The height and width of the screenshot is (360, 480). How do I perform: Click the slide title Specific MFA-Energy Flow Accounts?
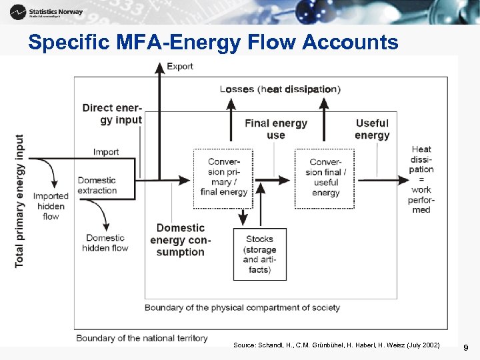coord(213,43)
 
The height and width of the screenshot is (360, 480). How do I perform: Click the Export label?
coord(180,66)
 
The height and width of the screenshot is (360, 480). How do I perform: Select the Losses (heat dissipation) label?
coord(280,89)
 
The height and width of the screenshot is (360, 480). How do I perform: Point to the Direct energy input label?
coord(112,114)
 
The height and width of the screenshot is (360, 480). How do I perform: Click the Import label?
coord(106,152)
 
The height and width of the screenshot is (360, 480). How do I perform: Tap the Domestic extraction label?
coord(97,185)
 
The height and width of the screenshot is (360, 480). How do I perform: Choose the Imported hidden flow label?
coord(51,206)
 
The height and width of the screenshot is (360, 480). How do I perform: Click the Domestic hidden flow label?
coord(105,243)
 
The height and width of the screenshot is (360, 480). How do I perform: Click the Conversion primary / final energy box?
coord(223,177)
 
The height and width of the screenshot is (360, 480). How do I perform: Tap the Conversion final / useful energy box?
coord(325,177)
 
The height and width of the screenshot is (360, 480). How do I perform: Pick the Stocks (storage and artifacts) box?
coord(259,254)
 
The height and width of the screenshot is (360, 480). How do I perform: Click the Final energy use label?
coord(276,129)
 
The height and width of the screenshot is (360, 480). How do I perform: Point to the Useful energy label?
coord(372,129)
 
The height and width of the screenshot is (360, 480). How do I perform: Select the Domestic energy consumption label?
coord(180,240)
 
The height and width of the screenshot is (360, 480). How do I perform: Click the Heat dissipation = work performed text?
coord(421,179)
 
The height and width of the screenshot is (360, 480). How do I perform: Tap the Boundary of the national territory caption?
coord(142,338)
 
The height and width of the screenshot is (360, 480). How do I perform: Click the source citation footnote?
coord(337,345)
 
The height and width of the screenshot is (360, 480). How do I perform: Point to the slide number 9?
coord(466,347)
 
